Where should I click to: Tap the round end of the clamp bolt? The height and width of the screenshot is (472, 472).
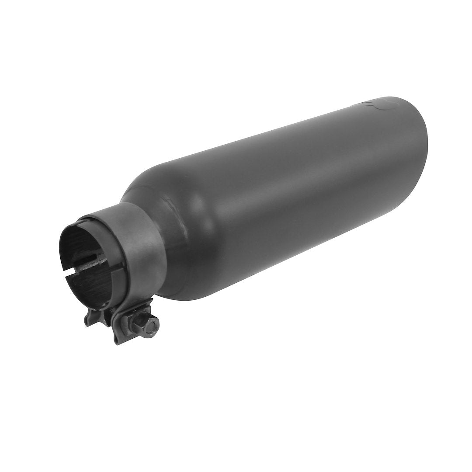[153, 324]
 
